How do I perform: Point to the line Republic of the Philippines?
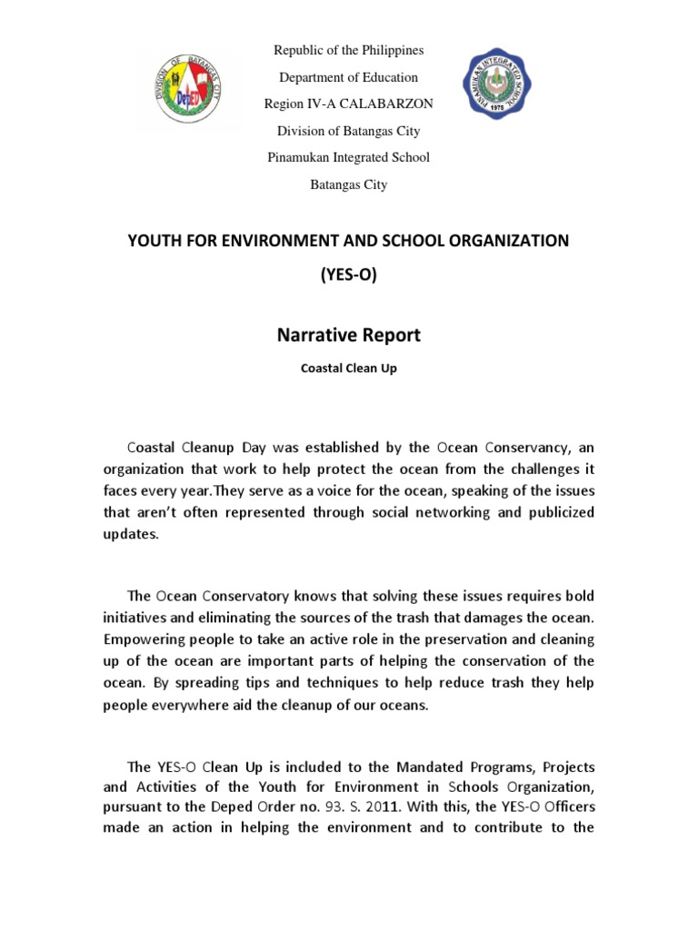click(x=349, y=50)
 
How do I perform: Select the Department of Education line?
click(x=349, y=77)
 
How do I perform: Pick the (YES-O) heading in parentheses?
click(x=349, y=276)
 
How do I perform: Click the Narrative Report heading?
click(x=349, y=335)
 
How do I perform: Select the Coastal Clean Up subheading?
click(x=349, y=370)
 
